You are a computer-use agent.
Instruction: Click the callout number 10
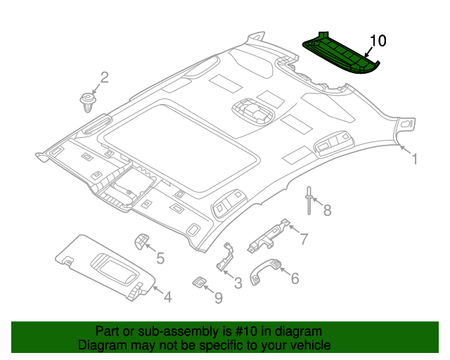pyautogui.click(x=378, y=41)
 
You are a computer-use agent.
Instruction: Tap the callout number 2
pyautogui.click(x=104, y=77)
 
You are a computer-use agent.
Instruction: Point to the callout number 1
pyautogui.click(x=414, y=160)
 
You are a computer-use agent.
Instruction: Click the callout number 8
pyautogui.click(x=326, y=209)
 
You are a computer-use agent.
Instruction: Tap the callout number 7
pyautogui.click(x=303, y=239)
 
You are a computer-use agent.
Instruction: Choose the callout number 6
pyautogui.click(x=294, y=278)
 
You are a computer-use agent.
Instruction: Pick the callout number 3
pyautogui.click(x=238, y=283)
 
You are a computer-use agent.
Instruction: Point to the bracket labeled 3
pyautogui.click(x=225, y=258)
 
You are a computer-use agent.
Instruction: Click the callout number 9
pyautogui.click(x=218, y=299)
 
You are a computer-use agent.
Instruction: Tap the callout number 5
pyautogui.click(x=160, y=259)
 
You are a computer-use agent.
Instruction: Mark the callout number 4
pyautogui.click(x=167, y=297)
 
